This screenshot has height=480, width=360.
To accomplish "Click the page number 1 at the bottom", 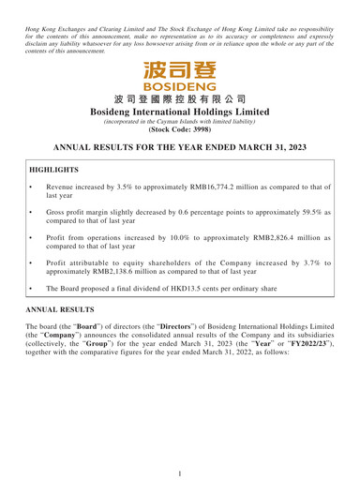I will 180,463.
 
